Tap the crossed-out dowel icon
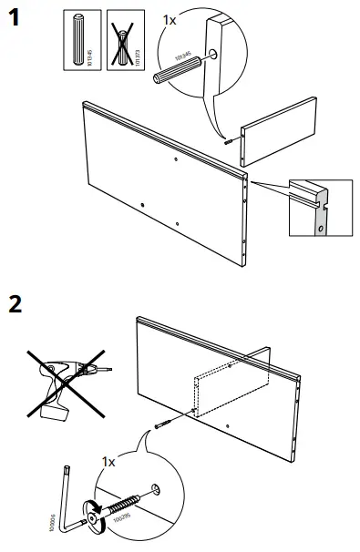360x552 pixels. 118,40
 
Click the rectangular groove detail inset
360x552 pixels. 318,207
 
